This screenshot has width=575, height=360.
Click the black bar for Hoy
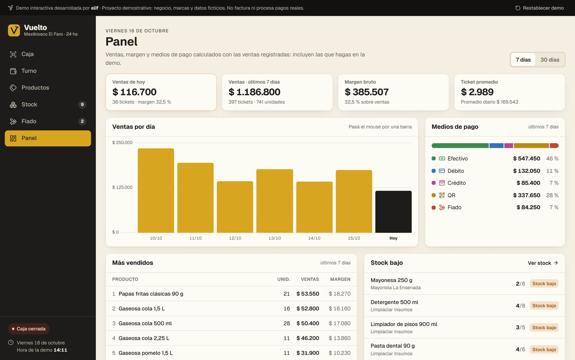[393, 212]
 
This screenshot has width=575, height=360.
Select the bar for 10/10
[156, 191]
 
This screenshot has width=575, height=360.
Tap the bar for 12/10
[235, 207]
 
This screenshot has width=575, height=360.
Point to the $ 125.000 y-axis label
[122, 187]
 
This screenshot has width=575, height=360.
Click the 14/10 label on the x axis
[314, 238]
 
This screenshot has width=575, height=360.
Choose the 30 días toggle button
[550, 60]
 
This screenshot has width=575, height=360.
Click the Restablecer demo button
[540, 8]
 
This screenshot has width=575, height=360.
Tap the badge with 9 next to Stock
[82, 105]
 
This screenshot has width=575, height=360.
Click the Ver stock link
[543, 263]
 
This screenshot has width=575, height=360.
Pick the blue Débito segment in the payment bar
[496, 146]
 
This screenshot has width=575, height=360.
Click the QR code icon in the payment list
[442, 195]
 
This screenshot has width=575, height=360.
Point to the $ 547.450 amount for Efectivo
[526, 159]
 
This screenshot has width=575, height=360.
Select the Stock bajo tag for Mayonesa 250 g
[544, 284]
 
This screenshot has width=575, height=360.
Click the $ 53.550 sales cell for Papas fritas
[308, 294]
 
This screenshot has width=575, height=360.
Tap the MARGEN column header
[340, 279]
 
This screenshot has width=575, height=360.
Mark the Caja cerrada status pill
[29, 329]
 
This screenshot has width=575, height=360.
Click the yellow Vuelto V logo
[14, 30]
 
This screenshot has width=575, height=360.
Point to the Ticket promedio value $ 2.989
[477, 92]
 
